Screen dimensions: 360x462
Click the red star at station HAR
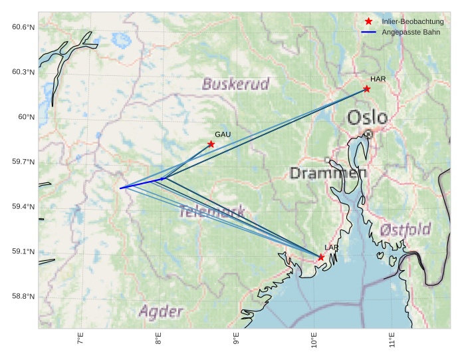pyautogui.click(x=366, y=89)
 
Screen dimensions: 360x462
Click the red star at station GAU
pyautogui.click(x=211, y=144)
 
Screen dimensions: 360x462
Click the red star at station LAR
pyautogui.click(x=321, y=258)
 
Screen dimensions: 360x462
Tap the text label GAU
pyautogui.click(x=223, y=134)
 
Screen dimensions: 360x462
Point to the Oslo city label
pyautogui.click(x=368, y=118)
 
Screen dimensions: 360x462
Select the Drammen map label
pyautogui.click(x=328, y=173)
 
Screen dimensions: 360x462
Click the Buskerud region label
pyautogui.click(x=236, y=85)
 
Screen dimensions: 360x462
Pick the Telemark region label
pyautogui.click(x=212, y=212)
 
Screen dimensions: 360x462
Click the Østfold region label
pyautogui.click(x=405, y=230)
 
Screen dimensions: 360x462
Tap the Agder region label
pyautogui.click(x=161, y=311)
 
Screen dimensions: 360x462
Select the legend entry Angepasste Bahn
pyautogui.click(x=406, y=32)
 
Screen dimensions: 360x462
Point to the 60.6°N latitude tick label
pyautogui.click(x=23, y=27)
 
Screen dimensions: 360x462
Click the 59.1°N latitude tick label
pyautogui.click(x=23, y=252)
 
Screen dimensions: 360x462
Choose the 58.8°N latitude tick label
pyautogui.click(x=23, y=296)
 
